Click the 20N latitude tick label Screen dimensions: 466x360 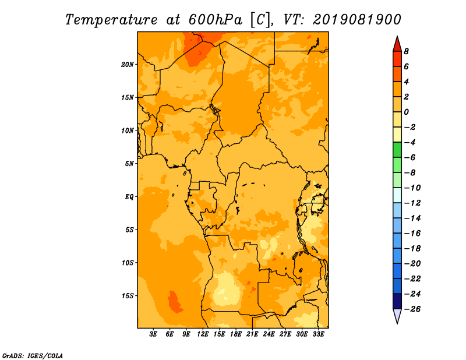pyautogui.click(x=128, y=65)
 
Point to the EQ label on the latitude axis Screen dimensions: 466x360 pyautogui.click(x=129, y=197)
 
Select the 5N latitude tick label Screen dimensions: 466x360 pyautogui.click(x=129, y=164)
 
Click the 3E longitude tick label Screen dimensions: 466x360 pyautogui.click(x=153, y=334)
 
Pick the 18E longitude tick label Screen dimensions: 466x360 pyautogui.click(x=236, y=334)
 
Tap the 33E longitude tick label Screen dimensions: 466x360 pyautogui.click(x=318, y=334)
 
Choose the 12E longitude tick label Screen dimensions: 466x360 pyautogui.click(x=203, y=334)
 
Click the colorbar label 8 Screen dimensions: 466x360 pyautogui.click(x=406, y=51)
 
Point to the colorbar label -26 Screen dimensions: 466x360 pyautogui.click(x=412, y=309)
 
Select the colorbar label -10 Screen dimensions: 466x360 pyautogui.click(x=412, y=188)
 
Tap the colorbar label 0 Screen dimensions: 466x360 pyautogui.click(x=406, y=112)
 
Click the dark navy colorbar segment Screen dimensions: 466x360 pyautogui.click(x=397, y=301)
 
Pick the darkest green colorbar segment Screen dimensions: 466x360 pyautogui.click(x=397, y=150)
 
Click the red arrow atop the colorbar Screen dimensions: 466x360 pyautogui.click(x=397, y=44)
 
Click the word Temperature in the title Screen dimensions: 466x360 pyautogui.click(x=111, y=20)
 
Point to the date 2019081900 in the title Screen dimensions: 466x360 pyautogui.click(x=357, y=20)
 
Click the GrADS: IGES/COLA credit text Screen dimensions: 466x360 pyautogui.click(x=33, y=356)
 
